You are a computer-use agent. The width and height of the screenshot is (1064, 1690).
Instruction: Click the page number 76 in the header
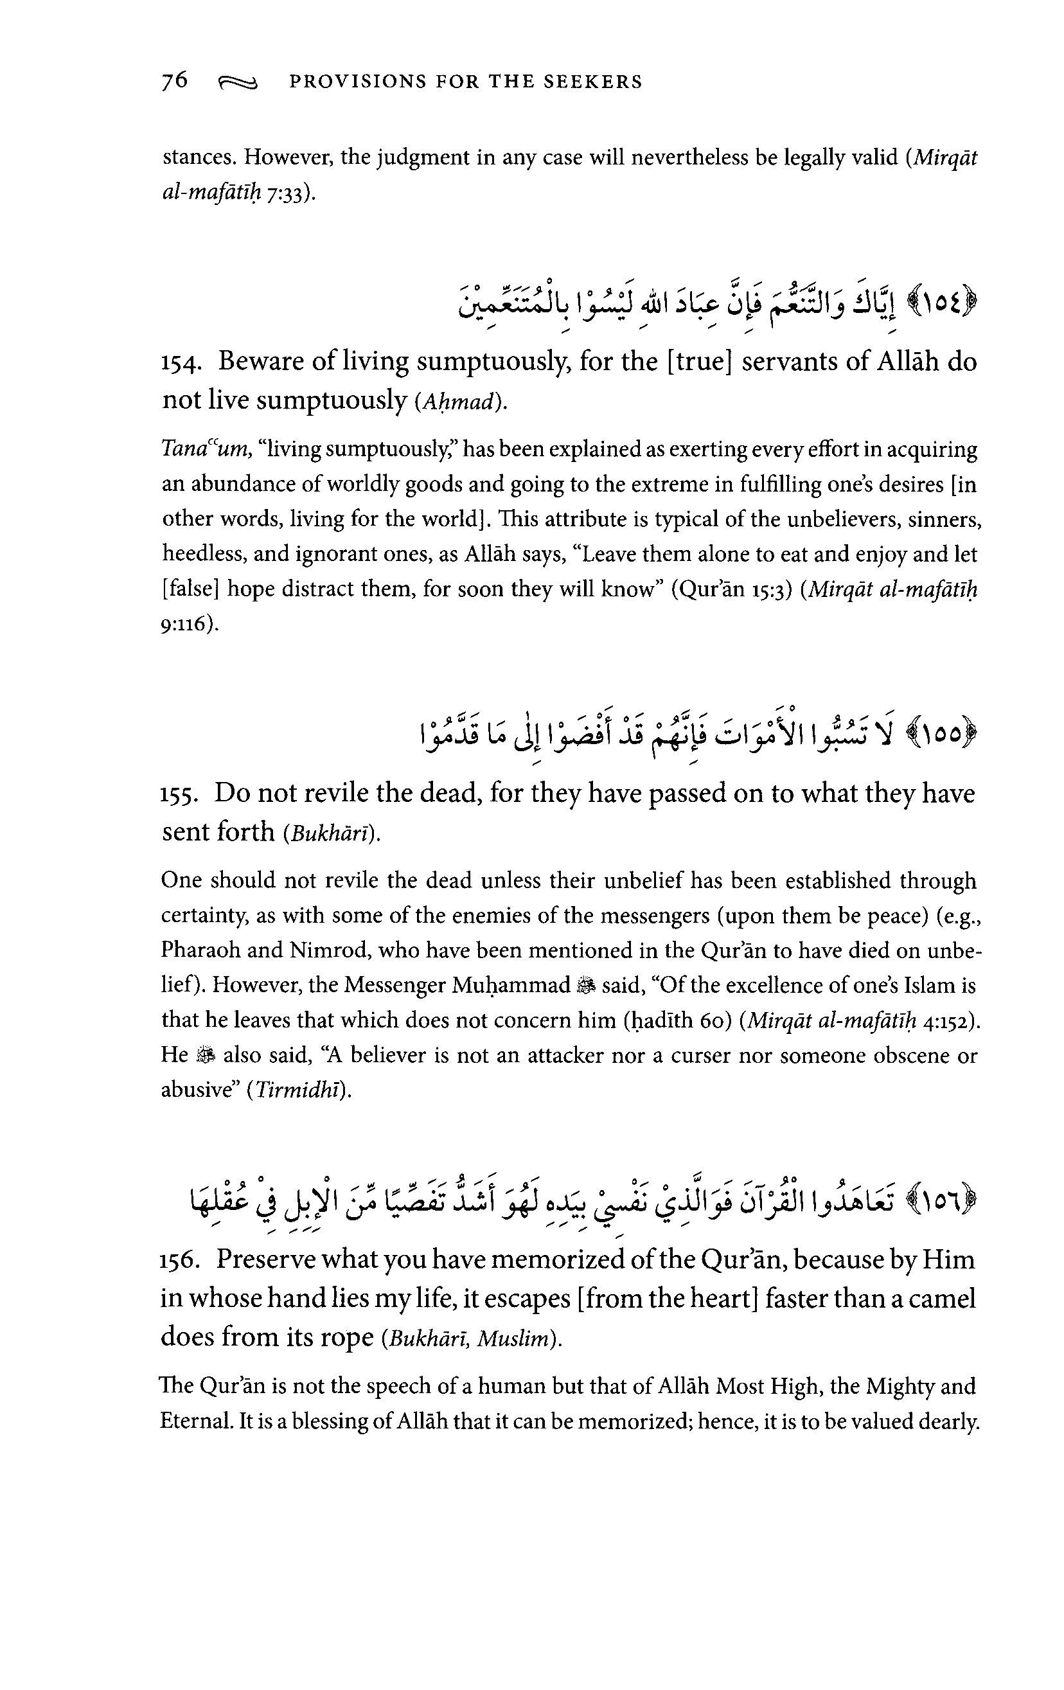(x=175, y=81)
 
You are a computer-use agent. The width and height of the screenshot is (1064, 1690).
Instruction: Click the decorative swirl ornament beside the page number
(x=238, y=84)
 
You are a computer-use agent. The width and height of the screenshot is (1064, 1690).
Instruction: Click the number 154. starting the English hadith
(x=182, y=364)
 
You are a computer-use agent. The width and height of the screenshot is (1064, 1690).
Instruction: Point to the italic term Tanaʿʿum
(x=205, y=449)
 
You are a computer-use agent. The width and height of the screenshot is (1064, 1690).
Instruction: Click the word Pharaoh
(x=200, y=950)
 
